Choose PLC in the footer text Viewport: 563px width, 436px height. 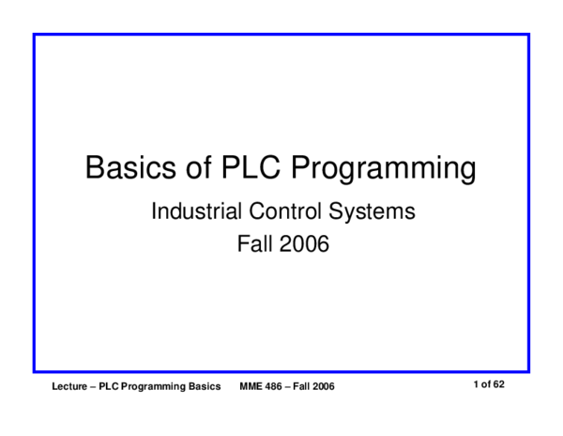point(114,387)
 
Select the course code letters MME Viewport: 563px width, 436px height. point(251,387)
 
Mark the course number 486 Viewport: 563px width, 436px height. point(275,387)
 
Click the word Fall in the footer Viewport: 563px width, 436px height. point(305,387)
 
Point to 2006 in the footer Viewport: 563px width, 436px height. point(326,387)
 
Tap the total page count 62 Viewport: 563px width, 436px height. point(500,385)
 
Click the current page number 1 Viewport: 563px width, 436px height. point(477,385)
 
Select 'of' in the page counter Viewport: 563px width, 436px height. point(486,385)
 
